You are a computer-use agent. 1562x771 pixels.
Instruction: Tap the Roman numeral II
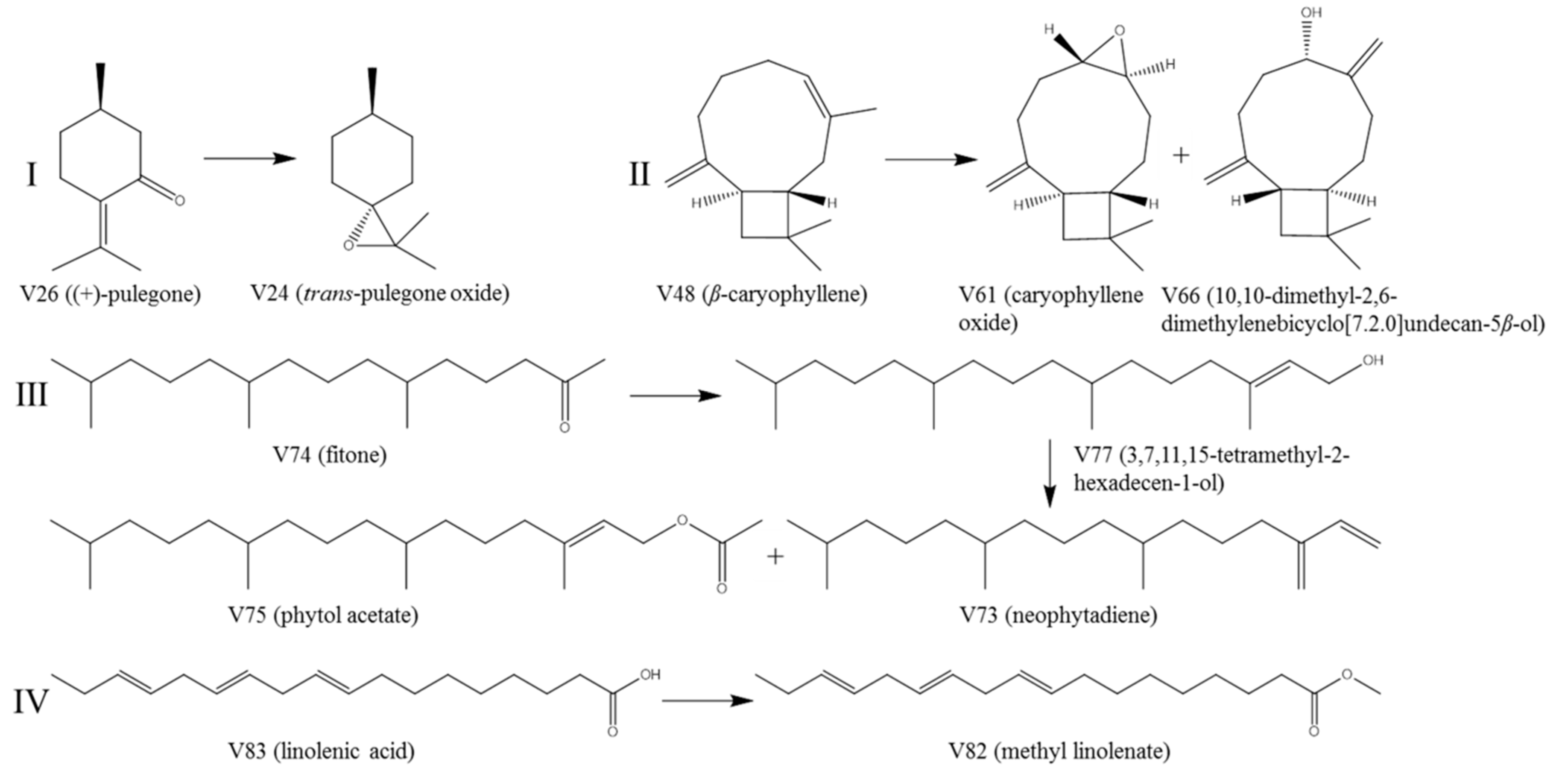click(638, 175)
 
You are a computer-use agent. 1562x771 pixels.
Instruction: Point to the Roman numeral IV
click(30, 703)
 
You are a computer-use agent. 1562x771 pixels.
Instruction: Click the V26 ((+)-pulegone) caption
click(110, 294)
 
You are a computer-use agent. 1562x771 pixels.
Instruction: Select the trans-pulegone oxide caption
click(380, 294)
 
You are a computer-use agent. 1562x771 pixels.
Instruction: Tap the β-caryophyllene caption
click(762, 294)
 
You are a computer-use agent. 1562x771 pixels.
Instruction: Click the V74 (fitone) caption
click(329, 454)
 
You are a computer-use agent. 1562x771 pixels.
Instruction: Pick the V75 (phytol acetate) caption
click(323, 615)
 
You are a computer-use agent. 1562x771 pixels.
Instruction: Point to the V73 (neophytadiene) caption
click(1058, 615)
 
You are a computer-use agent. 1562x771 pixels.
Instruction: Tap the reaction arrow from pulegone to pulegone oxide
click(249, 159)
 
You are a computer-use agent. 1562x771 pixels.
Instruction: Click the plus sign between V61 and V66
click(1181, 156)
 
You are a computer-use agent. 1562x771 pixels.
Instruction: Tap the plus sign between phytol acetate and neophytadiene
click(775, 556)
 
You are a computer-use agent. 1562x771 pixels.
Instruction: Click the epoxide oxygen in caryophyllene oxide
click(1119, 30)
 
